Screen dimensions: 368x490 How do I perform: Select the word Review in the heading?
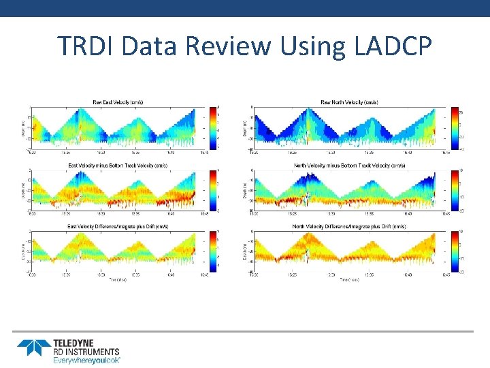coord(232,46)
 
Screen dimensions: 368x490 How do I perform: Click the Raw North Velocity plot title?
coord(349,102)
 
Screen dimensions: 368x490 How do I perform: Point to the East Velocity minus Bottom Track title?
coord(118,165)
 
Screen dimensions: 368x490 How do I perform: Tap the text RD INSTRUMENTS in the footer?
coord(86,352)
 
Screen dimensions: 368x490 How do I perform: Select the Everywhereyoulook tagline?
coord(87,359)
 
